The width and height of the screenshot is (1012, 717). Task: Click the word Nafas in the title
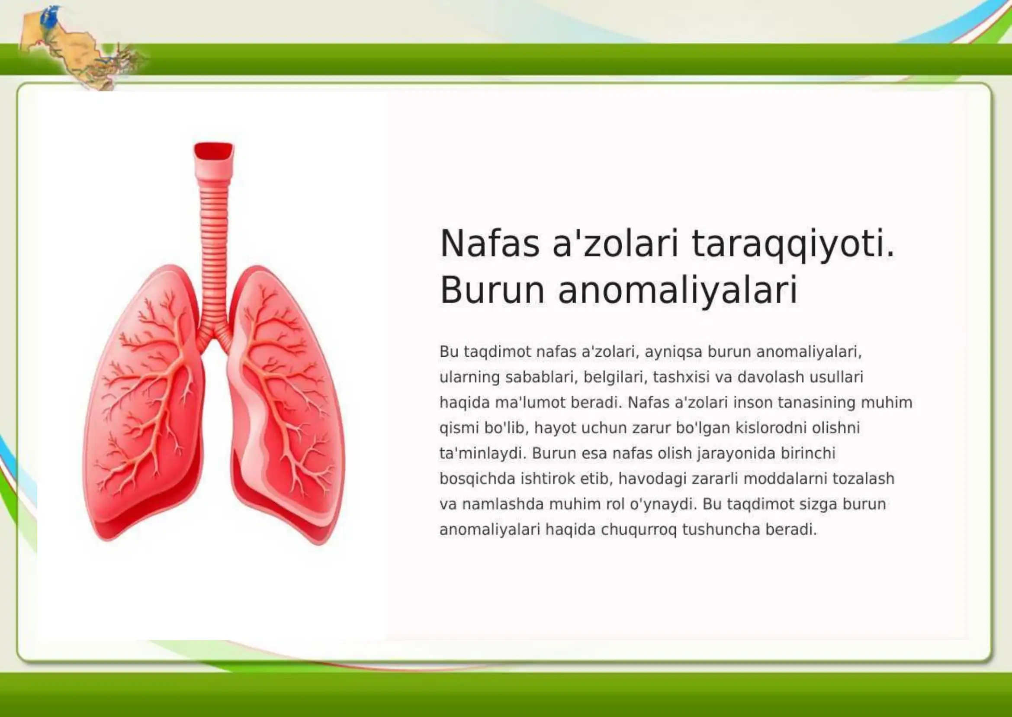(490, 244)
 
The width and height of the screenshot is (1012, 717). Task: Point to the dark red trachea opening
(214, 151)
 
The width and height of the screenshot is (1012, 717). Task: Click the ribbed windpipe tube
(214, 247)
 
